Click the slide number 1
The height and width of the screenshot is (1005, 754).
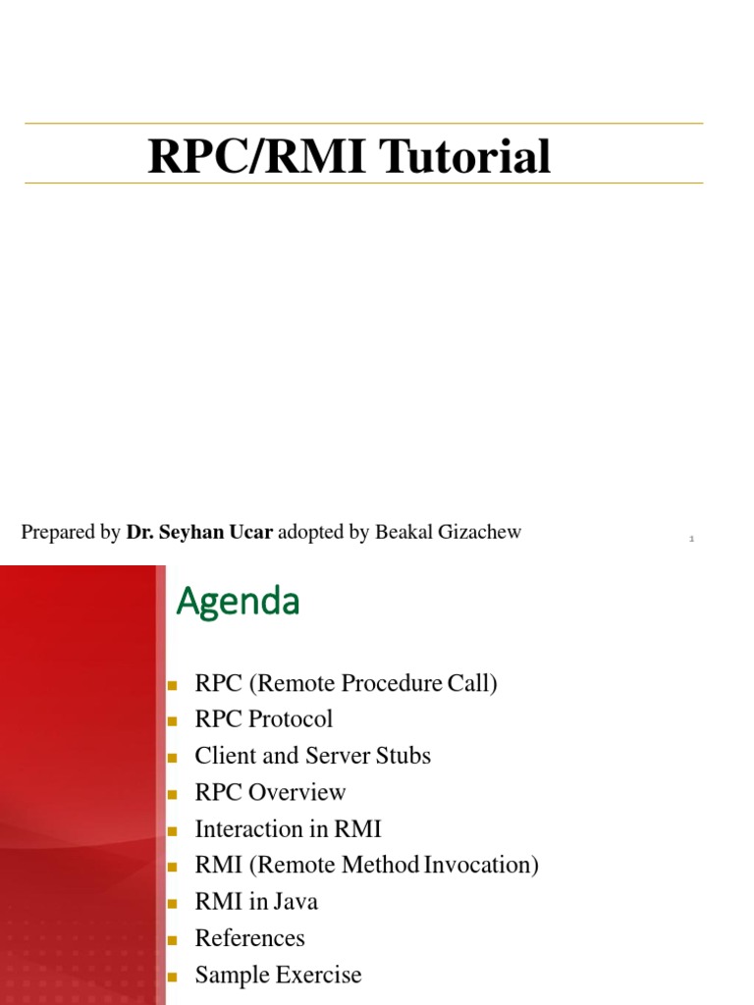(x=691, y=539)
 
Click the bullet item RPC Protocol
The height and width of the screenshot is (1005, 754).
(x=263, y=719)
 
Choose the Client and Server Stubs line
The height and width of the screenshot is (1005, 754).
(x=312, y=756)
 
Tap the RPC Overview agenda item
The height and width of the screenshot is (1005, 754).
(x=270, y=792)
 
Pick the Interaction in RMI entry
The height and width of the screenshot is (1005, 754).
(x=288, y=829)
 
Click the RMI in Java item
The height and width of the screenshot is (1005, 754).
(x=256, y=902)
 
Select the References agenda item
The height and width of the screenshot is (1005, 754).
(x=249, y=938)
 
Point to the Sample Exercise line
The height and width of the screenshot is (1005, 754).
(x=278, y=976)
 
